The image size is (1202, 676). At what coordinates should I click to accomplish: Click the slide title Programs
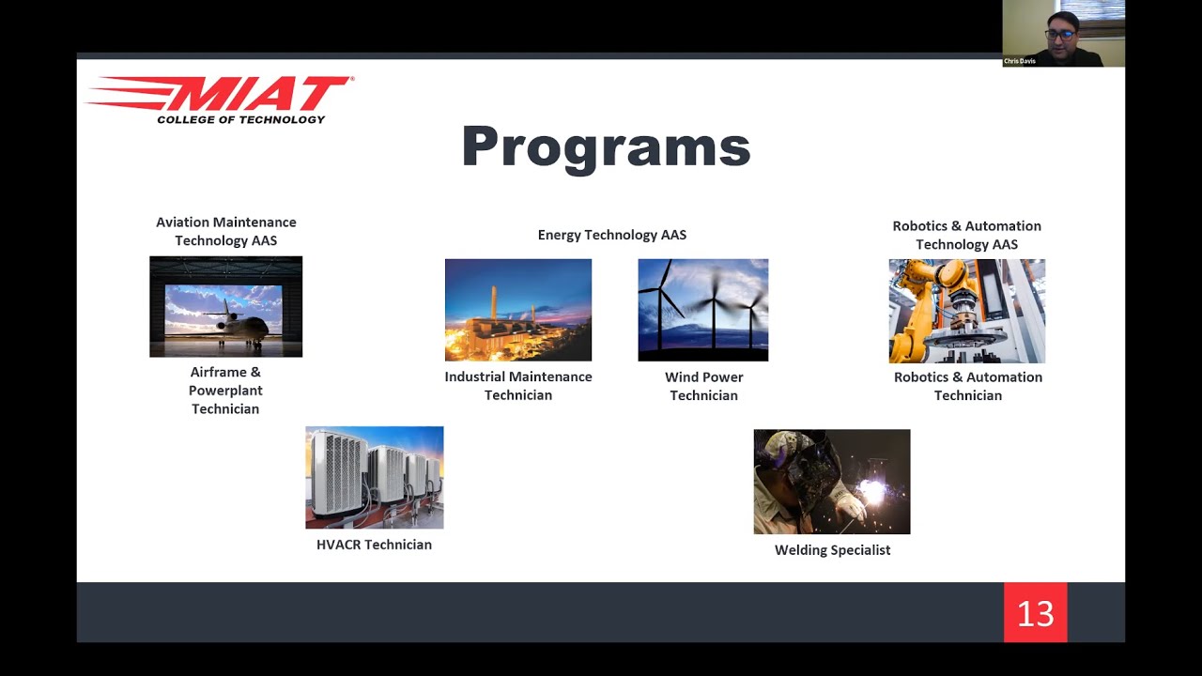coord(606,147)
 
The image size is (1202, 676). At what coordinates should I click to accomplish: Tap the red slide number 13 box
coord(1035,613)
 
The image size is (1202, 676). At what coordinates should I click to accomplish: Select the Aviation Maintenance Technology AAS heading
coord(225,231)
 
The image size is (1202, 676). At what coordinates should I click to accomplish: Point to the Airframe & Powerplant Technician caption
coord(225,390)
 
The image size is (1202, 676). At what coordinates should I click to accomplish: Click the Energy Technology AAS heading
coord(611,235)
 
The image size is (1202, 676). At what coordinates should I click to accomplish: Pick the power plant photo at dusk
coord(517,310)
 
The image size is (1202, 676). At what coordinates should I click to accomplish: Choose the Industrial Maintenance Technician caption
coord(517,386)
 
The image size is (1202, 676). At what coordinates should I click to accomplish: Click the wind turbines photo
coord(702,310)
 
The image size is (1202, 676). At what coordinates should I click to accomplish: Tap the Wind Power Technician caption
coord(703,386)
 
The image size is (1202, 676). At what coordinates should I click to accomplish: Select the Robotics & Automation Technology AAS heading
coord(966,235)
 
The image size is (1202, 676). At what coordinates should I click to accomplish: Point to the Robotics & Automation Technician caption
coord(967,386)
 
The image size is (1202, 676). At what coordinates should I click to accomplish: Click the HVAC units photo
coord(374,477)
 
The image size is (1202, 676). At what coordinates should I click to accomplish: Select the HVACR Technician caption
coord(374,545)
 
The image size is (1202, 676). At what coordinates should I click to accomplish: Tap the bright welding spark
coord(872,491)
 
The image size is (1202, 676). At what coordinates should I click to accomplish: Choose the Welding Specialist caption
coord(832,550)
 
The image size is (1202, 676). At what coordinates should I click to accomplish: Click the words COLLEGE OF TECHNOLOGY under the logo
coord(240,119)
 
